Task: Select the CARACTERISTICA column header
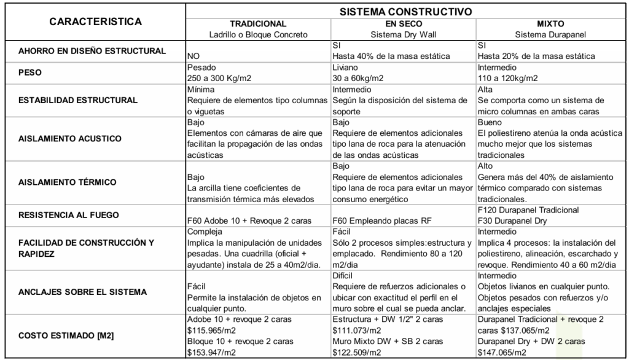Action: [95, 22]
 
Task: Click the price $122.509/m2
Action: [357, 353]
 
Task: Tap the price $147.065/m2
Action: [502, 353]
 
